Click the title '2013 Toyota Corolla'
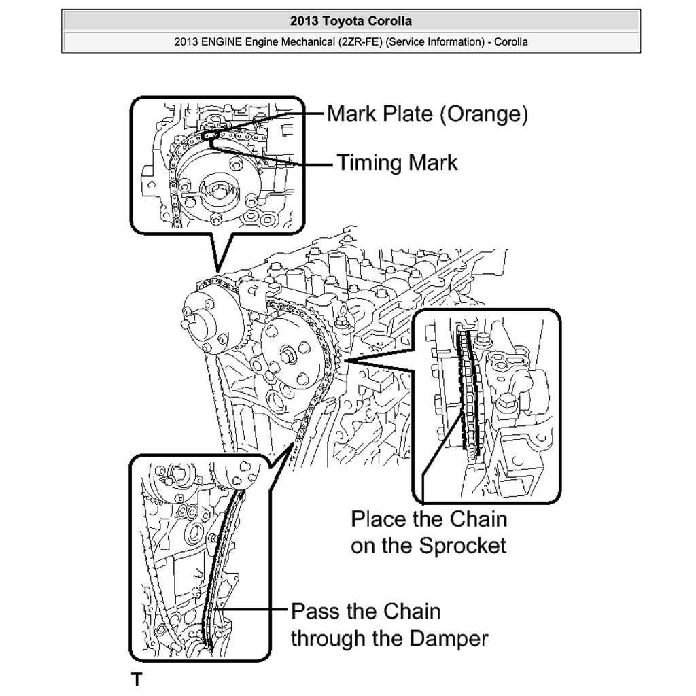pos(351,21)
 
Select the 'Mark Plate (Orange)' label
pos(427,114)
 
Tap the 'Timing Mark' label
pos(398,163)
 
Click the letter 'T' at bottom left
pos(137,679)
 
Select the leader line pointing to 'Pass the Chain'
pos(251,610)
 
